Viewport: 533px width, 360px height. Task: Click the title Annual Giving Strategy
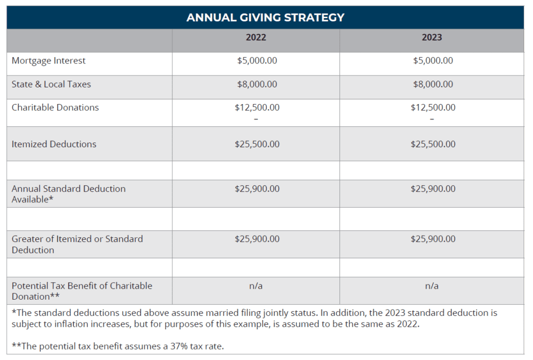(265, 17)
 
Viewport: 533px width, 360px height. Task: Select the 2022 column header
(256, 37)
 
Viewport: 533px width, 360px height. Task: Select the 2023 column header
(432, 37)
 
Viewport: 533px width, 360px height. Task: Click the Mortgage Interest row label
(48, 61)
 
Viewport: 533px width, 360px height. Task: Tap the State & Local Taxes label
(52, 84)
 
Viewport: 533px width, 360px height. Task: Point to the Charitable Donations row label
(55, 107)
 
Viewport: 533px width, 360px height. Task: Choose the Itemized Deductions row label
(54, 144)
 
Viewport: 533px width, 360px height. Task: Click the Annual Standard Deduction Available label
(69, 194)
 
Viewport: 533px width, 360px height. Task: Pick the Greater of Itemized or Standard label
(77, 244)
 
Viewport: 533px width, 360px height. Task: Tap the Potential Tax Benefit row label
(82, 291)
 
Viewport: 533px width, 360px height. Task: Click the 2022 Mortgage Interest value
(257, 60)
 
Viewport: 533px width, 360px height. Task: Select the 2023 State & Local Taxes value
(433, 84)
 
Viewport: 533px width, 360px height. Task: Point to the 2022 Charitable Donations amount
(257, 107)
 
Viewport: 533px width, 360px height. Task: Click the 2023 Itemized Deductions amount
(433, 144)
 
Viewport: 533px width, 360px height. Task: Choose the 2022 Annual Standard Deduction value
(257, 188)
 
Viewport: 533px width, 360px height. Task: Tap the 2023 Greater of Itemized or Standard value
(433, 239)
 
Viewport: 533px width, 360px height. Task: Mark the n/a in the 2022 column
(256, 286)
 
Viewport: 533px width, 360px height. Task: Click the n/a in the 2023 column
(432, 286)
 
